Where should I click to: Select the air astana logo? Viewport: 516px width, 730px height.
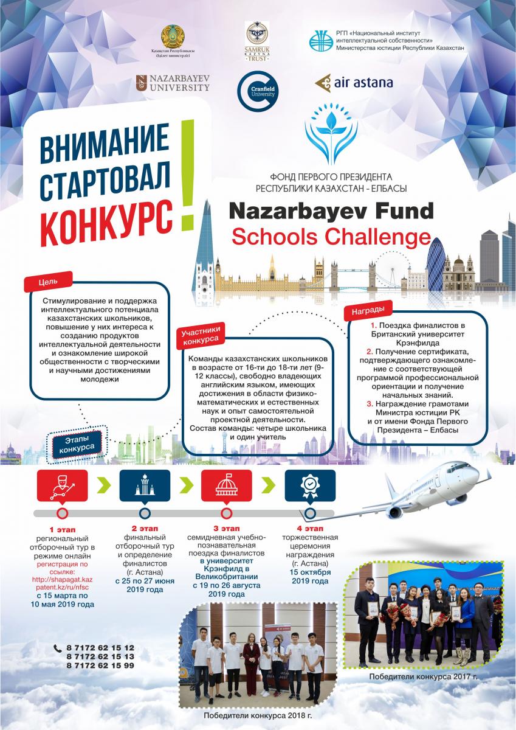(354, 83)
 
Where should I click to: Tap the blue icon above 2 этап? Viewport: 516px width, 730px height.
(144, 484)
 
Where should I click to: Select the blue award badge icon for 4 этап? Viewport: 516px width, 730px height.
(309, 484)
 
